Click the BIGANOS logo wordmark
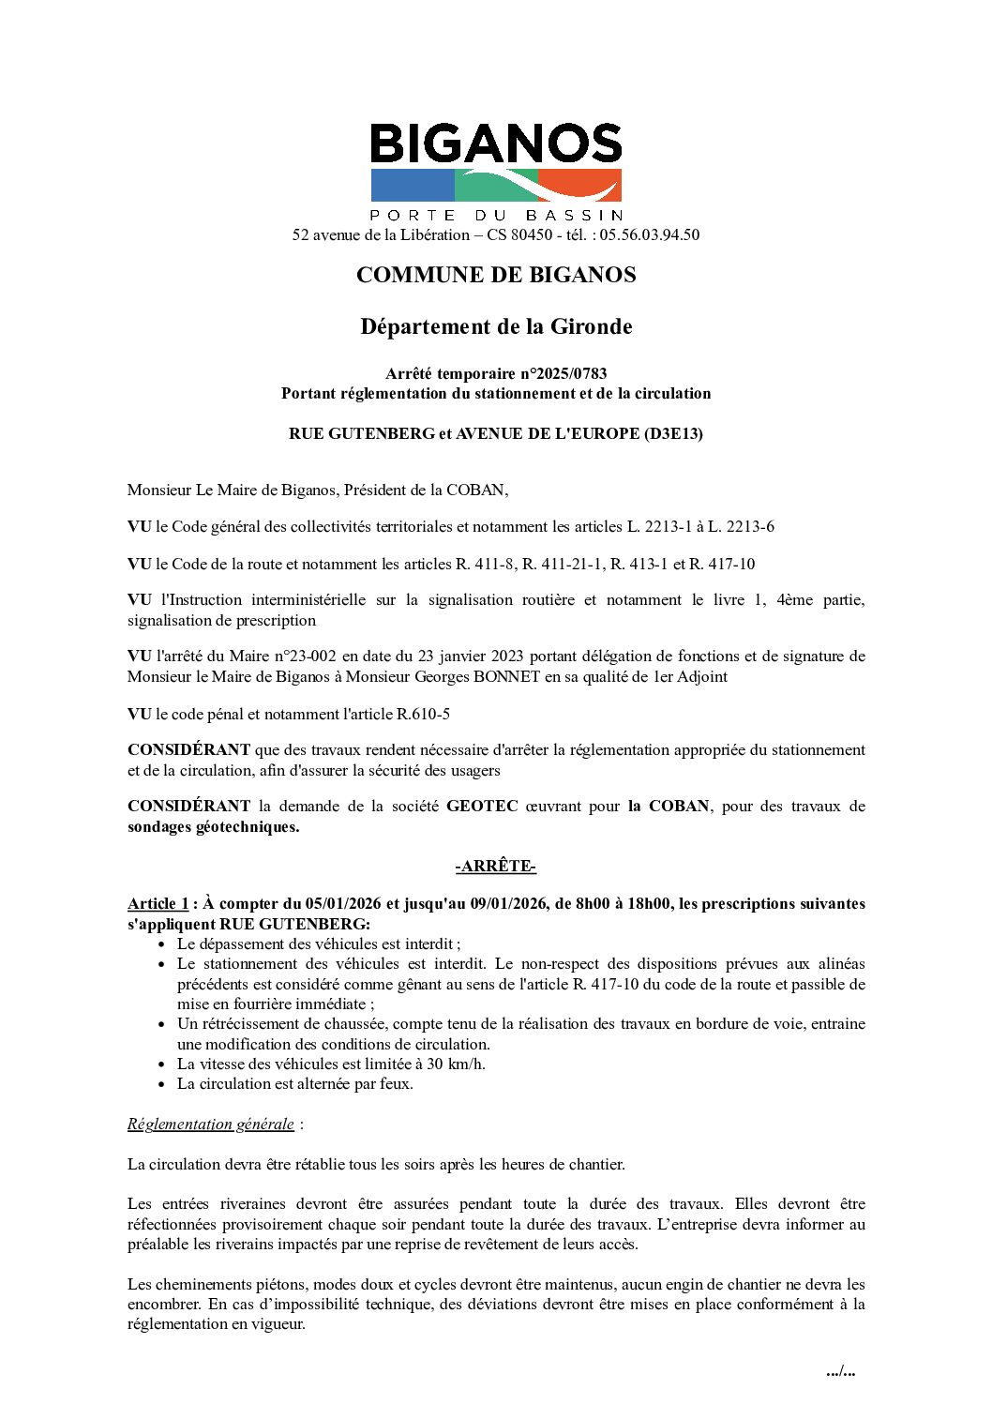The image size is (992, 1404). (x=496, y=144)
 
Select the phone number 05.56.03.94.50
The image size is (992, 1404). (x=649, y=234)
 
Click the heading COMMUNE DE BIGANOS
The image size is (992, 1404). (x=496, y=275)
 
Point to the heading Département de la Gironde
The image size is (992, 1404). (x=496, y=326)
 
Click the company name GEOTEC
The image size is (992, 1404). (x=482, y=807)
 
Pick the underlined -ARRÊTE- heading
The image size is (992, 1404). (x=496, y=867)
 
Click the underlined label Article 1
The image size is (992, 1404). (x=158, y=904)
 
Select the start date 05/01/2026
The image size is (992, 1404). (x=343, y=904)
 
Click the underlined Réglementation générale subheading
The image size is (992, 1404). (x=211, y=1124)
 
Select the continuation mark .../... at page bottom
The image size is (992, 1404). (x=840, y=1371)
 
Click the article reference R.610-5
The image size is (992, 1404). (x=423, y=714)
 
